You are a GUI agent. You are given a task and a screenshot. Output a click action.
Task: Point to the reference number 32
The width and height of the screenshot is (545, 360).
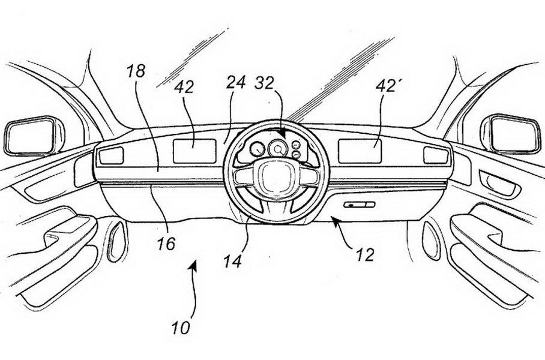[267, 83]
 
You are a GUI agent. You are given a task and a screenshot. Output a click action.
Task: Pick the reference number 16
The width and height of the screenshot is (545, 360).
[167, 244]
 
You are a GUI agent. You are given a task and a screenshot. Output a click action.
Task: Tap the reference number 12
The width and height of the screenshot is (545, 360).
[364, 254]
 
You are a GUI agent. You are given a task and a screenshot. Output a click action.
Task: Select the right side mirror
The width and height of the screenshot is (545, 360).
[514, 134]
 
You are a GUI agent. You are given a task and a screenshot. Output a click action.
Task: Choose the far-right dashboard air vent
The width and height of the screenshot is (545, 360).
[435, 155]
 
